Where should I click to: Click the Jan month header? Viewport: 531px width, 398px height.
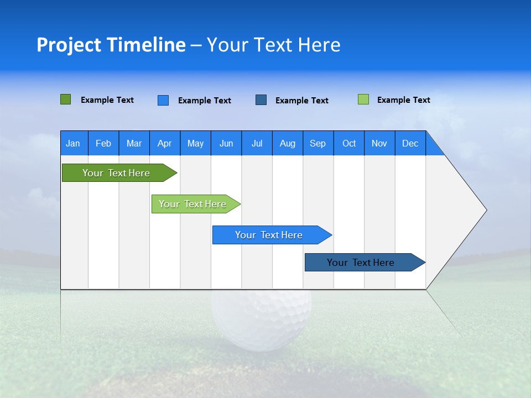click(x=74, y=143)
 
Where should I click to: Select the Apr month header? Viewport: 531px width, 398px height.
click(x=165, y=143)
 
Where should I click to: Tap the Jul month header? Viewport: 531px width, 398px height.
click(x=257, y=143)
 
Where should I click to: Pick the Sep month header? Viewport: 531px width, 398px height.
click(x=318, y=143)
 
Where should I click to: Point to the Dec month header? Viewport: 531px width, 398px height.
click(x=410, y=143)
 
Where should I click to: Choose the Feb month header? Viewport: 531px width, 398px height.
click(x=103, y=143)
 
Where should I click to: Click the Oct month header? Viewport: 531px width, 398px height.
click(x=349, y=143)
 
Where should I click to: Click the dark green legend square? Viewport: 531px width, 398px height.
click(x=66, y=99)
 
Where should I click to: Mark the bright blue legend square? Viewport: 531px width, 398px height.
click(x=163, y=100)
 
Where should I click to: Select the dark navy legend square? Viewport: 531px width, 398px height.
click(x=261, y=100)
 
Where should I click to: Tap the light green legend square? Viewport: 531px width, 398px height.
click(x=363, y=99)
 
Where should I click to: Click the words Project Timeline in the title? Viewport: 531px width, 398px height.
click(x=111, y=45)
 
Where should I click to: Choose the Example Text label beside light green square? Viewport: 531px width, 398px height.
click(x=403, y=100)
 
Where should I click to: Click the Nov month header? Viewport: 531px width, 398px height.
click(x=379, y=143)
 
